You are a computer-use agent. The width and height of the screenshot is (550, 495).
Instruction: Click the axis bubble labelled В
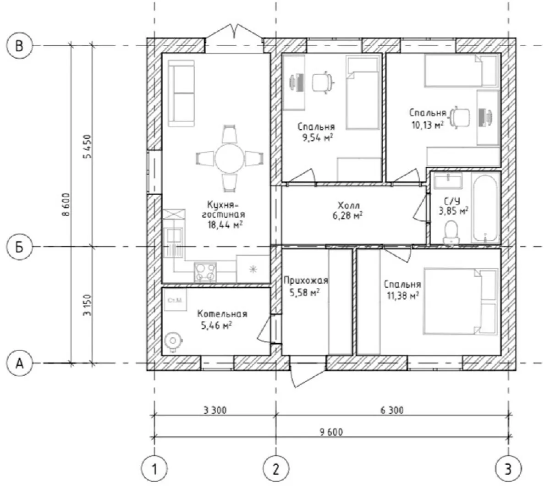click(x=19, y=45)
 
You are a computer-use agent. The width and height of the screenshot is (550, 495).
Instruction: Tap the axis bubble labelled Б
click(x=19, y=247)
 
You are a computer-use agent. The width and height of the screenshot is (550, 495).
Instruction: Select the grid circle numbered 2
click(x=276, y=469)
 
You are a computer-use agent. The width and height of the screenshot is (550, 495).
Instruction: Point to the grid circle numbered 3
click(x=509, y=469)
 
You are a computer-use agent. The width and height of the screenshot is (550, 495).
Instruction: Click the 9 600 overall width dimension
click(x=331, y=432)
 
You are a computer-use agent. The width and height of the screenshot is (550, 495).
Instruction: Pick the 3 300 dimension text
click(x=215, y=410)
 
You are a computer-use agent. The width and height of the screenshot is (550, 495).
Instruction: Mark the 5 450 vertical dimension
click(x=88, y=147)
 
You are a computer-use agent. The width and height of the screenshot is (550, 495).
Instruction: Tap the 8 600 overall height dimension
click(x=66, y=204)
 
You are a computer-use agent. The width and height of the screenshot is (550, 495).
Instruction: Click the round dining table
click(x=230, y=159)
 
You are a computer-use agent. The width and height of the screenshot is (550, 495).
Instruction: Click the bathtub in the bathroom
click(x=485, y=209)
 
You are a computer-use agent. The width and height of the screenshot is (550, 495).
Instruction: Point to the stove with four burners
click(x=205, y=272)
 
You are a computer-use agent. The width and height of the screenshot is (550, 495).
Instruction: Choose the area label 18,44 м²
click(x=225, y=225)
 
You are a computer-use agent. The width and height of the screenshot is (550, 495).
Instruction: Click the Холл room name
click(x=349, y=205)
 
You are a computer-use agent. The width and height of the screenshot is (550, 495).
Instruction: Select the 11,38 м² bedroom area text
click(x=402, y=296)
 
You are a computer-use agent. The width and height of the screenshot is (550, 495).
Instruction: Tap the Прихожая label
click(x=306, y=280)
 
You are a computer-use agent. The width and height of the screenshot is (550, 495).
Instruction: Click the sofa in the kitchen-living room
click(x=181, y=93)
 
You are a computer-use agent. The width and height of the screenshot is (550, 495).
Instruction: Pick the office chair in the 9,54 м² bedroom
click(x=323, y=82)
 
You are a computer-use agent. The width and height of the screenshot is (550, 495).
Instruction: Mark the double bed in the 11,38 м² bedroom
click(x=460, y=302)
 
